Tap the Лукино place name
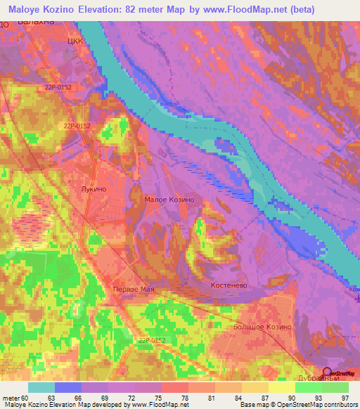tap(94, 190)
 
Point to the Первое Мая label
tap(134, 290)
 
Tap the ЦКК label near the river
tap(75, 41)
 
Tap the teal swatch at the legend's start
tap(41, 387)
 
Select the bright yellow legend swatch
tap(281, 387)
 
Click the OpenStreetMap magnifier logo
tap(327, 372)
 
